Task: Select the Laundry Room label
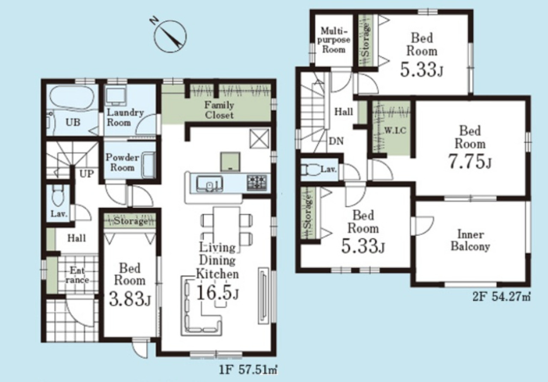pos(125,117)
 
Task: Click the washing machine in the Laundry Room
pos(116,97)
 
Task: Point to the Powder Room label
pos(122,163)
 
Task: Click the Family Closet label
pos(219,110)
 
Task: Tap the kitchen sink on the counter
pos(210,184)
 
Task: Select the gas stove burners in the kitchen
pos(257,183)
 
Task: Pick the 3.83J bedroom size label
pos(130,299)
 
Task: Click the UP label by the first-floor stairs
pos(86,174)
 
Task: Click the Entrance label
pos(77,275)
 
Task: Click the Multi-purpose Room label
pos(334,40)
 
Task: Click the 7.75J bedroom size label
pos(470,162)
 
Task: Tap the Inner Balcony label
pos(470,240)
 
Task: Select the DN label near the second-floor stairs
pos(336,141)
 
